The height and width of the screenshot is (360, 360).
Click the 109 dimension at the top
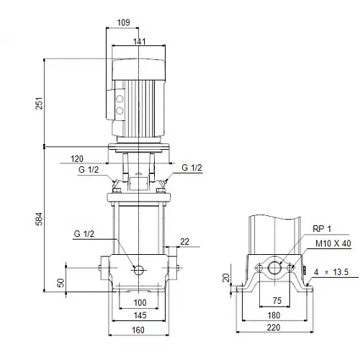(x=123, y=23)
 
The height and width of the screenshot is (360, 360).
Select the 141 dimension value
(x=139, y=41)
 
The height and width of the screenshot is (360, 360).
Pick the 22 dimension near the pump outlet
(x=185, y=241)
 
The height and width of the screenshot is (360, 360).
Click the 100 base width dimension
(x=139, y=302)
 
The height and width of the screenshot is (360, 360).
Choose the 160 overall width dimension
(x=139, y=330)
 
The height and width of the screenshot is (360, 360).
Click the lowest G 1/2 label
(x=84, y=233)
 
